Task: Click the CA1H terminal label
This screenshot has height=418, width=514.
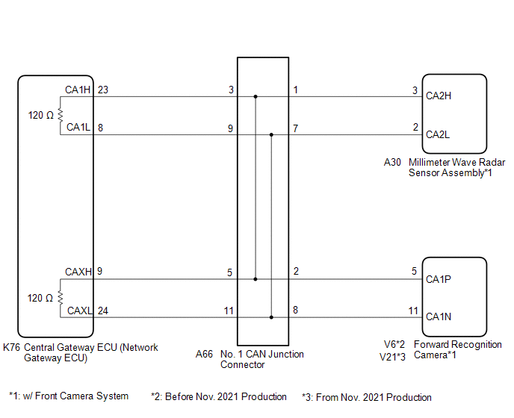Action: click(77, 90)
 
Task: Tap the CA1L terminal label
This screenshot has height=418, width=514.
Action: click(78, 128)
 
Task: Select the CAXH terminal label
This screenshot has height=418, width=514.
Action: click(78, 272)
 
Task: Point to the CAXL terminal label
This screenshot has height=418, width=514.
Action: click(79, 311)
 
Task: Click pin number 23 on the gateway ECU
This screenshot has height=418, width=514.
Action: click(103, 90)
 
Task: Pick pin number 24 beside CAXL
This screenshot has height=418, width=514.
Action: click(103, 311)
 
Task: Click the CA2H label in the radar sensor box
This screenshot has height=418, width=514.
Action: click(439, 96)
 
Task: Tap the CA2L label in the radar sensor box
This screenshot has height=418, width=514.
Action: click(439, 135)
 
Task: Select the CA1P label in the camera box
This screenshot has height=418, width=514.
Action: click(439, 279)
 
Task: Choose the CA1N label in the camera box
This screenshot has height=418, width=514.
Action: click(439, 317)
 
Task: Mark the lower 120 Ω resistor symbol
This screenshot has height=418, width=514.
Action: click(60, 298)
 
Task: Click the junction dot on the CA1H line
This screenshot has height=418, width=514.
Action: click(256, 96)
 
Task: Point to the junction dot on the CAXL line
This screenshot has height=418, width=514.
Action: click(271, 317)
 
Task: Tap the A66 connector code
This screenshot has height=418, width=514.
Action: click(205, 355)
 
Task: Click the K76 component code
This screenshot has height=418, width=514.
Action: click(12, 348)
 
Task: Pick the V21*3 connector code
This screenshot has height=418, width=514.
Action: click(392, 357)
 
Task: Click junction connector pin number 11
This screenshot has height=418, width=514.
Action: click(229, 311)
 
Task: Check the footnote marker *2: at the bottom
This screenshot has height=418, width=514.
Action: click(156, 397)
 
